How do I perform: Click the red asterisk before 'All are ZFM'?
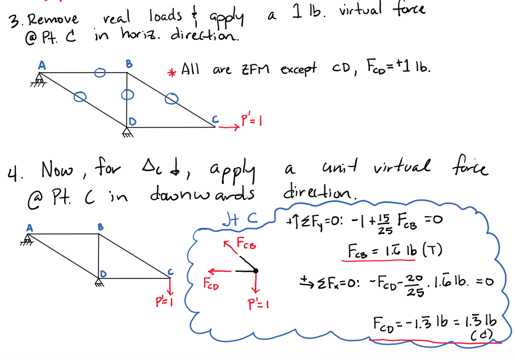coord(171,73)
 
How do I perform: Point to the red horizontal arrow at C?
coord(229,127)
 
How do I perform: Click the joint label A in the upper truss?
coord(42,65)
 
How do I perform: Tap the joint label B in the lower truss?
coord(101,227)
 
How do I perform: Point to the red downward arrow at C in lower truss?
coord(170,287)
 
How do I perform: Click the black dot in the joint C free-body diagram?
coord(255,271)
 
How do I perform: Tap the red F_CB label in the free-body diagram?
coord(246,244)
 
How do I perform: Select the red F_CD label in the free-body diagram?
coord(211,284)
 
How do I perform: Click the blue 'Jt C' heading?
coord(240,219)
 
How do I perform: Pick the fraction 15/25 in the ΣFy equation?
coord(385,224)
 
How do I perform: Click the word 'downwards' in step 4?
coord(202,194)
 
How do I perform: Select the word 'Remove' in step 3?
coord(53,19)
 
